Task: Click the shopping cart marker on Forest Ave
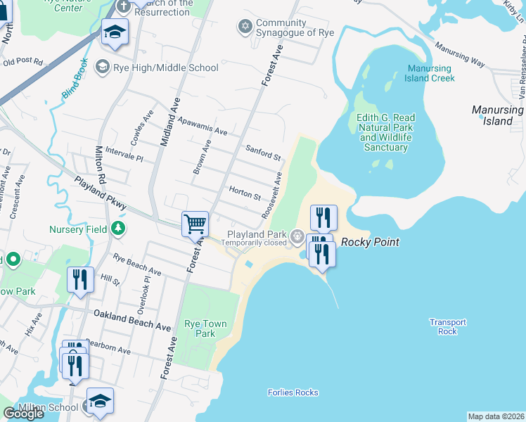tap(195, 225)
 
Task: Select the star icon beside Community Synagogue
tap(245, 26)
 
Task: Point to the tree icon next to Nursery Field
tap(119, 229)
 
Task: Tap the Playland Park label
tap(256, 234)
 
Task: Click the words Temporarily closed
tap(254, 243)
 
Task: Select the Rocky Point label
tap(370, 243)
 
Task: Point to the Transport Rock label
tap(448, 326)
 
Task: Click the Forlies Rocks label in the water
tap(293, 392)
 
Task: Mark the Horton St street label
tap(245, 192)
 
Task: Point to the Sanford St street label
tap(263, 152)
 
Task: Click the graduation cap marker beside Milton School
tap(99, 400)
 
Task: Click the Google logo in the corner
tap(23, 414)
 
